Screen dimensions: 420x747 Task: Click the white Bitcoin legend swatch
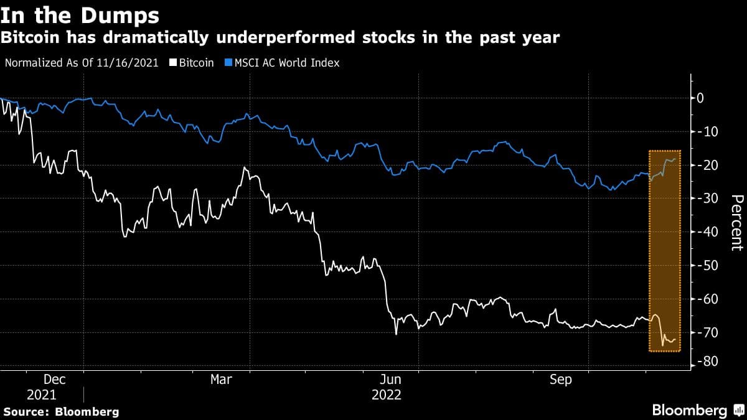[x=176, y=63]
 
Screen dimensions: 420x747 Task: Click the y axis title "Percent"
[x=736, y=222]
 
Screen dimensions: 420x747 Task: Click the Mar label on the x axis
[x=222, y=380]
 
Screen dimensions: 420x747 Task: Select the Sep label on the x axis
[x=560, y=380]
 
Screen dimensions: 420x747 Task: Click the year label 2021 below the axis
[x=41, y=395]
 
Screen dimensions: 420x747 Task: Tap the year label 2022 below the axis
[x=386, y=395]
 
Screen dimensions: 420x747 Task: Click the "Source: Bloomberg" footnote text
[x=61, y=411]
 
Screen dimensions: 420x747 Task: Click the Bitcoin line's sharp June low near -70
[x=396, y=334]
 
